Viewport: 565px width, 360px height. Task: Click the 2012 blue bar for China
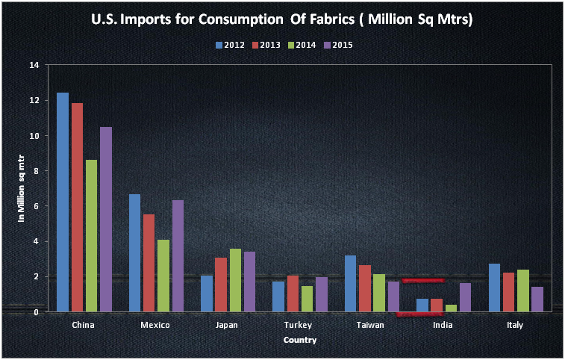click(x=63, y=202)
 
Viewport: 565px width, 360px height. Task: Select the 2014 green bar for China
click(x=91, y=235)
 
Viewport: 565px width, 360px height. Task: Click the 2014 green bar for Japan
click(x=235, y=280)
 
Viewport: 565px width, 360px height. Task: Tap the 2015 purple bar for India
click(x=465, y=297)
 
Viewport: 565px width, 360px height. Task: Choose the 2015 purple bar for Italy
click(x=537, y=299)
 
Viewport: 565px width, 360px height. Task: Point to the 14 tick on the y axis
click(x=34, y=65)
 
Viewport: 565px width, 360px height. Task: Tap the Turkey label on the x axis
click(x=299, y=326)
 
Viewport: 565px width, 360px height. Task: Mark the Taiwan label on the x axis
click(x=371, y=326)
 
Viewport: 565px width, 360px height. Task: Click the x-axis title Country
click(x=299, y=340)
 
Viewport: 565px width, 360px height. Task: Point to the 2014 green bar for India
click(x=451, y=308)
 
